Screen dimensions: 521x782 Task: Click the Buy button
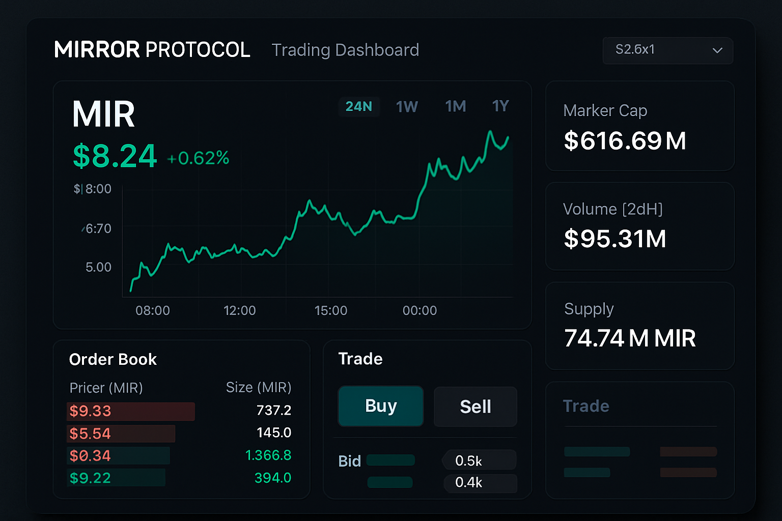[381, 406]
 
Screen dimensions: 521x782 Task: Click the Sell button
[475, 407]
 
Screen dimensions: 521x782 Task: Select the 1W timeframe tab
[407, 106]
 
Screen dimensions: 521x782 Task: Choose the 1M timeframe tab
[456, 106]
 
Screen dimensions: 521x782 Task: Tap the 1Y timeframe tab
[500, 106]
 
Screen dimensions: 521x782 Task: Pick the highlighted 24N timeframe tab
[359, 106]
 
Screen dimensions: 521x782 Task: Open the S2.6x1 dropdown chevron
[717, 50]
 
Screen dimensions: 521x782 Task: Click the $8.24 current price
[115, 156]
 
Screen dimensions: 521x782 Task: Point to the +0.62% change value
[198, 158]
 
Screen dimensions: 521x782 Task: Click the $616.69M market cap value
[625, 141]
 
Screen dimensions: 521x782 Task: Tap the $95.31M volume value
[615, 239]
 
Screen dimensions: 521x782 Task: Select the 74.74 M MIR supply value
[630, 338]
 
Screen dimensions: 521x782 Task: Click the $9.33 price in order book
[90, 411]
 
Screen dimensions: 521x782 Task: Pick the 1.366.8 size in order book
[268, 455]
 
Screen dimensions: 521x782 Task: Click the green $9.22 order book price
[90, 478]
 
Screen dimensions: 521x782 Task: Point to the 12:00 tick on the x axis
[239, 310]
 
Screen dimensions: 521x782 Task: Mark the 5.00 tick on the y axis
[98, 267]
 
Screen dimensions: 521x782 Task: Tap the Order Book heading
[113, 359]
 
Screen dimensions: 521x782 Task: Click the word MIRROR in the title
[97, 50]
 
